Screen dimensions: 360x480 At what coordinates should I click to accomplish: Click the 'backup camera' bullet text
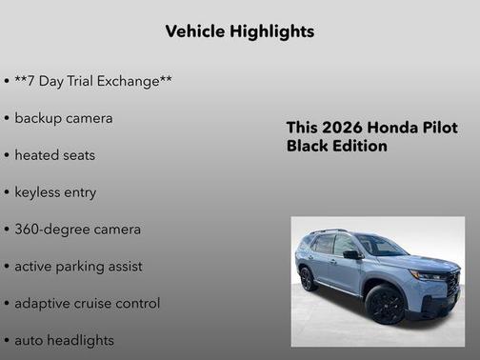click(63, 118)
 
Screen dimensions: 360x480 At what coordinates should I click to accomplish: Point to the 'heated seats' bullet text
click(54, 154)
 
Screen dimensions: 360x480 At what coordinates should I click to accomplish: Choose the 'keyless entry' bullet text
click(55, 191)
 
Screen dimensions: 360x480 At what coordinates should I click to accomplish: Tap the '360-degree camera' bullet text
click(77, 229)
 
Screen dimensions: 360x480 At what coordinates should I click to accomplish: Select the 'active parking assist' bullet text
click(78, 266)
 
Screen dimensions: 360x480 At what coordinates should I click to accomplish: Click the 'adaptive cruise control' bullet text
click(87, 303)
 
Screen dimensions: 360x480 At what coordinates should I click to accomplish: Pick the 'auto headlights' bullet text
click(64, 340)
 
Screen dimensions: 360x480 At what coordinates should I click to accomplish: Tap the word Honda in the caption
click(392, 129)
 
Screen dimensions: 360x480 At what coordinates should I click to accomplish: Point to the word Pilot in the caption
click(439, 129)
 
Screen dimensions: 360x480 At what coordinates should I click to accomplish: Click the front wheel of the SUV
click(385, 304)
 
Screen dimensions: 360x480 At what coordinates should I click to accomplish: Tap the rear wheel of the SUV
click(309, 278)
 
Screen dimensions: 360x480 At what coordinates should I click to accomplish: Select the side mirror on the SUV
click(351, 255)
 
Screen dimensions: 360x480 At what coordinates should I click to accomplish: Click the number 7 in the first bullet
click(33, 81)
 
